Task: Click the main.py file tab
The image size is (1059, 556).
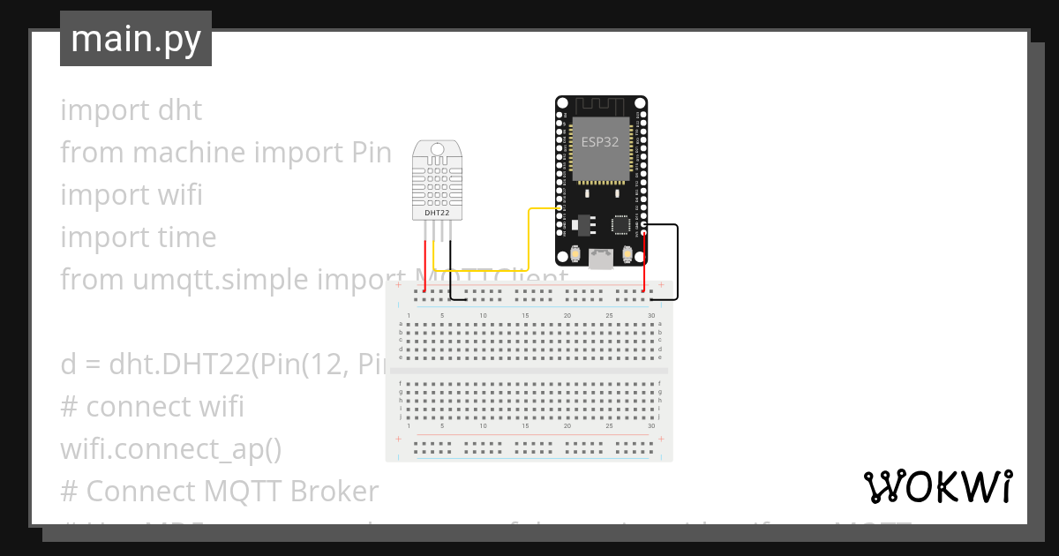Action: click(136, 39)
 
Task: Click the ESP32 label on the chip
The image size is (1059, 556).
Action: click(600, 142)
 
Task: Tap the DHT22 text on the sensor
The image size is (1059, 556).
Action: click(439, 213)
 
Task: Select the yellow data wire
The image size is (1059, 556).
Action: click(528, 238)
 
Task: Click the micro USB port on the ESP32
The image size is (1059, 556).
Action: click(602, 259)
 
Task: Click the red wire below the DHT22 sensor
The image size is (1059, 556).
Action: click(425, 265)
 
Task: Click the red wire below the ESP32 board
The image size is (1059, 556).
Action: click(644, 265)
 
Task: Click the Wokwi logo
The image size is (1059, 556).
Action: click(937, 486)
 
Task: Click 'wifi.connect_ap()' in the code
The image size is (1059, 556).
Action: click(170, 448)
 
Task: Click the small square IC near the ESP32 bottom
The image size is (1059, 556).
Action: click(621, 225)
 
